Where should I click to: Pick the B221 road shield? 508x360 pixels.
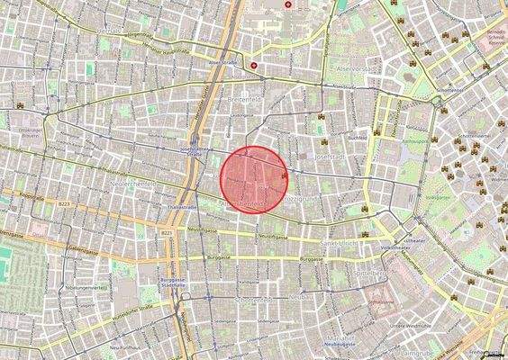(168, 233)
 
